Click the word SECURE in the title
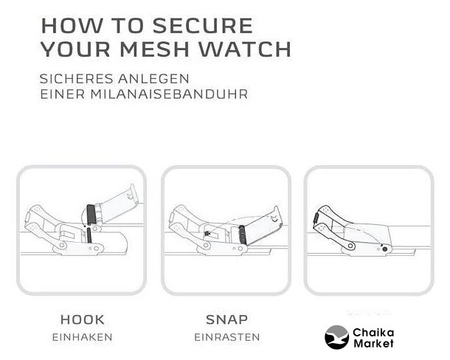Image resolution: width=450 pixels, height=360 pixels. (x=203, y=26)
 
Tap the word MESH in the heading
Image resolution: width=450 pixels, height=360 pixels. (x=155, y=49)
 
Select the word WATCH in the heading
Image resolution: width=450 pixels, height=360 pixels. (x=246, y=49)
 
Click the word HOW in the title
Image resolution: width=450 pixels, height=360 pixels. (x=72, y=26)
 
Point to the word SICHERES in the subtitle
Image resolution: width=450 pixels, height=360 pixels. (x=76, y=79)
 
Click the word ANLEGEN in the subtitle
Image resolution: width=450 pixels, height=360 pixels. (x=153, y=79)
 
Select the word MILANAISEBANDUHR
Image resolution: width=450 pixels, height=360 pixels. (x=169, y=94)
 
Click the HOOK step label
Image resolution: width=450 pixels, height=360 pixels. (x=83, y=319)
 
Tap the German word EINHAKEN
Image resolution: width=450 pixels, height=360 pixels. (x=83, y=337)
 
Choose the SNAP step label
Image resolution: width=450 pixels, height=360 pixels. (x=226, y=319)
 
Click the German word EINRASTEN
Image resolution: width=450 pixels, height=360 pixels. (x=227, y=337)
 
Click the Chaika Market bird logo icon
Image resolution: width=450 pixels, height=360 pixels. (x=337, y=337)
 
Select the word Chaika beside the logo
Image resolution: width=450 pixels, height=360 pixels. (x=373, y=333)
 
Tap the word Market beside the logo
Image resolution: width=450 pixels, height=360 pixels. (x=374, y=343)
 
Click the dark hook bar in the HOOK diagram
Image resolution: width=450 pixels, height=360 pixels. (x=91, y=215)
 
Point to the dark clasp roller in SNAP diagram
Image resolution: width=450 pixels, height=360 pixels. (x=242, y=235)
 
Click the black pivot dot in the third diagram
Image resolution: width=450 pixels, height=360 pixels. (x=385, y=249)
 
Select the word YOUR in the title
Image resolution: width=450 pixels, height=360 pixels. (x=76, y=49)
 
